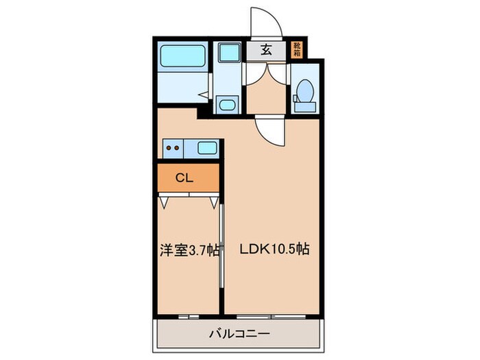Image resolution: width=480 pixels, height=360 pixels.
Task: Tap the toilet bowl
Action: (305, 90)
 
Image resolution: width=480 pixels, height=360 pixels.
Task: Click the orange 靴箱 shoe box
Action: (297, 49)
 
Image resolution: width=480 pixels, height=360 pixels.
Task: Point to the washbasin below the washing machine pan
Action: (226, 104)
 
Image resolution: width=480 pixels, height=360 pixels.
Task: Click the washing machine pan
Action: (226, 56)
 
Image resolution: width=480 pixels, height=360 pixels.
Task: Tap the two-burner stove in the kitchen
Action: (172, 147)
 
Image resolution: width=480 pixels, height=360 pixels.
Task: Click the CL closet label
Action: (184, 178)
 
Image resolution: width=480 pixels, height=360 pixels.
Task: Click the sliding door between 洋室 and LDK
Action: (222, 247)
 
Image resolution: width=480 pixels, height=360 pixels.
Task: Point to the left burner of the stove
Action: (168, 147)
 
